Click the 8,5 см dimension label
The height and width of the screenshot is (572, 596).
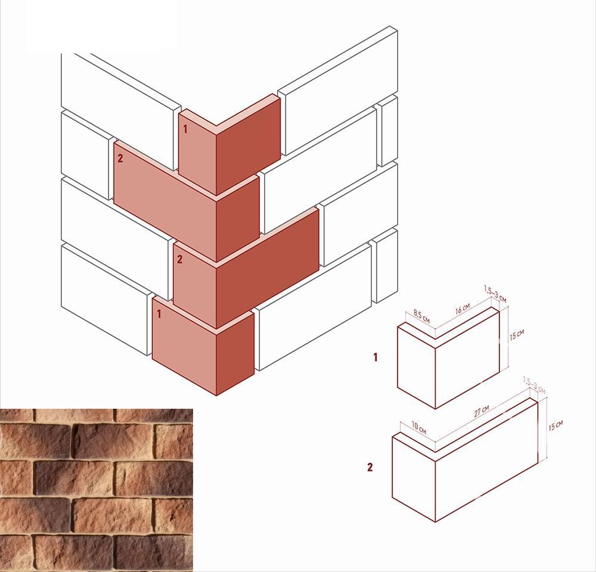coord(421,316)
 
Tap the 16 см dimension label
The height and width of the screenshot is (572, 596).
coord(462,309)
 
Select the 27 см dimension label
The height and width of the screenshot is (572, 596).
coord(482,411)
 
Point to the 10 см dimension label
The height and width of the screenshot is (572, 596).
coord(419,428)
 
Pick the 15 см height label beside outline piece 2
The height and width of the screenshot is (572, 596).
coord(555,425)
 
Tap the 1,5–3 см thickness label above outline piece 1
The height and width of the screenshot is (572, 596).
coord(495,294)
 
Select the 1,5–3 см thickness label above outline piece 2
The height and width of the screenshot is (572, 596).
coord(534,386)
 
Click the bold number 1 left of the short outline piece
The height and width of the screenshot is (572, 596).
coord(375,357)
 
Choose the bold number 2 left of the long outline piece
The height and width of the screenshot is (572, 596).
coord(370,467)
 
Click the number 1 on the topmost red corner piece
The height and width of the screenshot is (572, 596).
coord(185,130)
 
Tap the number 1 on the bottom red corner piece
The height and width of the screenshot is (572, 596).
coord(159,314)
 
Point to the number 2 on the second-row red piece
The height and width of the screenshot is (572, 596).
coord(120,158)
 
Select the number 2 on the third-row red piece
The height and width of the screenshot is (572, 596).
coord(180,259)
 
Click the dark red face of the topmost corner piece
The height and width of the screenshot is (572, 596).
coord(248,147)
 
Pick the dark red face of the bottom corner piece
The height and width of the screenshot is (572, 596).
coord(235,353)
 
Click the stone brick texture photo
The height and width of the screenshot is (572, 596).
coord(97,490)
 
